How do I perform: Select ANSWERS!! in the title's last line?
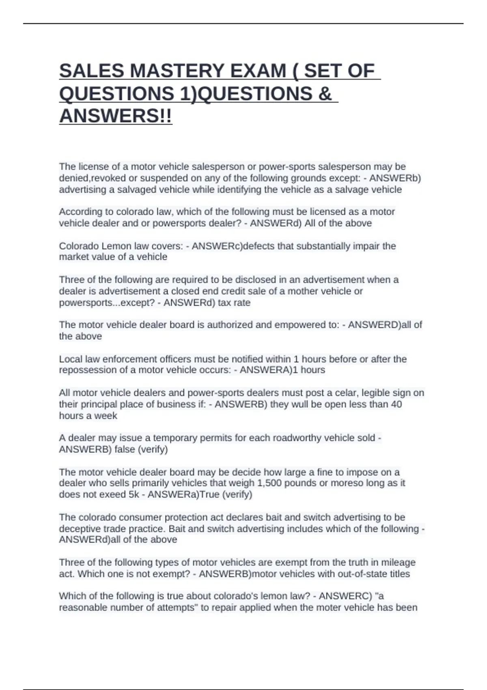click(x=116, y=116)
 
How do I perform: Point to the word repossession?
click(x=84, y=370)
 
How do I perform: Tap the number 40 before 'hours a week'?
click(x=396, y=404)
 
